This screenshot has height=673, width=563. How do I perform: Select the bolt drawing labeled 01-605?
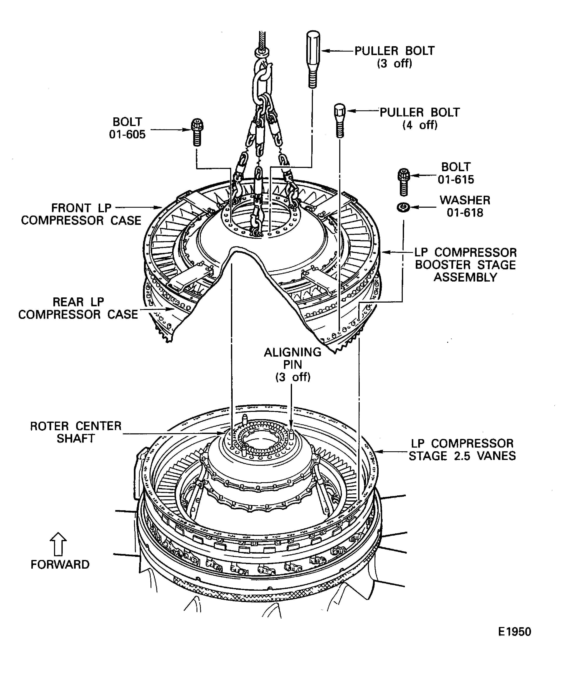197,132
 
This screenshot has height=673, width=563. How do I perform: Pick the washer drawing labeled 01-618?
403,207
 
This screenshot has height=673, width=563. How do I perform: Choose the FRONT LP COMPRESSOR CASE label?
81,214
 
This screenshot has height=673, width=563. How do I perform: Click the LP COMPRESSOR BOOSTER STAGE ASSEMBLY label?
465,265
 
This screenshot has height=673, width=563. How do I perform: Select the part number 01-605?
127,134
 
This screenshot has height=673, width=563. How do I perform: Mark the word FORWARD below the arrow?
60,564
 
